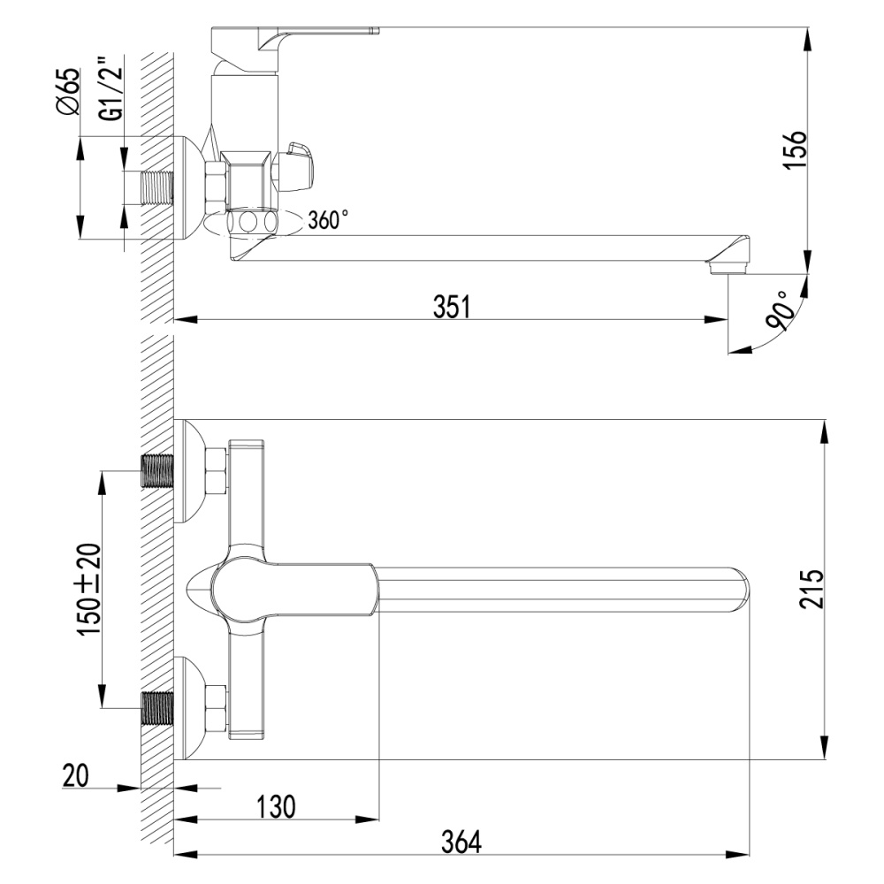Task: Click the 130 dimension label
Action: (x=276, y=806)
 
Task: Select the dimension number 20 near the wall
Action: (x=77, y=776)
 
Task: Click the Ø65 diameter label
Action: (x=69, y=93)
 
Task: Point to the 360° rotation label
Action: (x=328, y=220)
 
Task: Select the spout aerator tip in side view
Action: (x=728, y=263)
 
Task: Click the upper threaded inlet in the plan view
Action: (x=159, y=471)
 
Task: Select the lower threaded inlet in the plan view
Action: (x=159, y=708)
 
